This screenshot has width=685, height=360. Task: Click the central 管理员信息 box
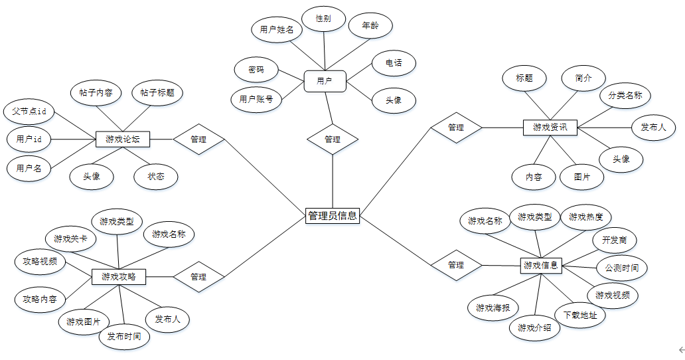click(x=333, y=215)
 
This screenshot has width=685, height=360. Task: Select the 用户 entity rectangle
click(x=325, y=81)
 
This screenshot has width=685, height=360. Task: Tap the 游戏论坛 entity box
click(x=123, y=139)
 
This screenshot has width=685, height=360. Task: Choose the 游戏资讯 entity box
click(x=550, y=127)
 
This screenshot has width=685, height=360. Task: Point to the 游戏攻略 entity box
click(x=119, y=276)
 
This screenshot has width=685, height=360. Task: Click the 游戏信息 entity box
click(x=541, y=265)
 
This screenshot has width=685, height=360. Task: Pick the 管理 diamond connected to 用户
click(x=333, y=139)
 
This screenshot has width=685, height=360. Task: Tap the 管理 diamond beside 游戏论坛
click(x=198, y=139)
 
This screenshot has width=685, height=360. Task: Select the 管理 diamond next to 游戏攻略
click(x=198, y=276)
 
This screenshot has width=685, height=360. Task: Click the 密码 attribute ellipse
click(x=256, y=69)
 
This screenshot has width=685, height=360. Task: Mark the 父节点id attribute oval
click(x=29, y=112)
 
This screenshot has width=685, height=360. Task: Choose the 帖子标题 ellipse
click(x=157, y=93)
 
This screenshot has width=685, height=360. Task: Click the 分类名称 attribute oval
click(x=625, y=96)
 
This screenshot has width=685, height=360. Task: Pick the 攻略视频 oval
click(x=40, y=261)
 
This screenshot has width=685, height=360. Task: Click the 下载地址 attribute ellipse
click(x=580, y=315)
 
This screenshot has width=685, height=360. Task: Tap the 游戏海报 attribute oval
click(x=493, y=308)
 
